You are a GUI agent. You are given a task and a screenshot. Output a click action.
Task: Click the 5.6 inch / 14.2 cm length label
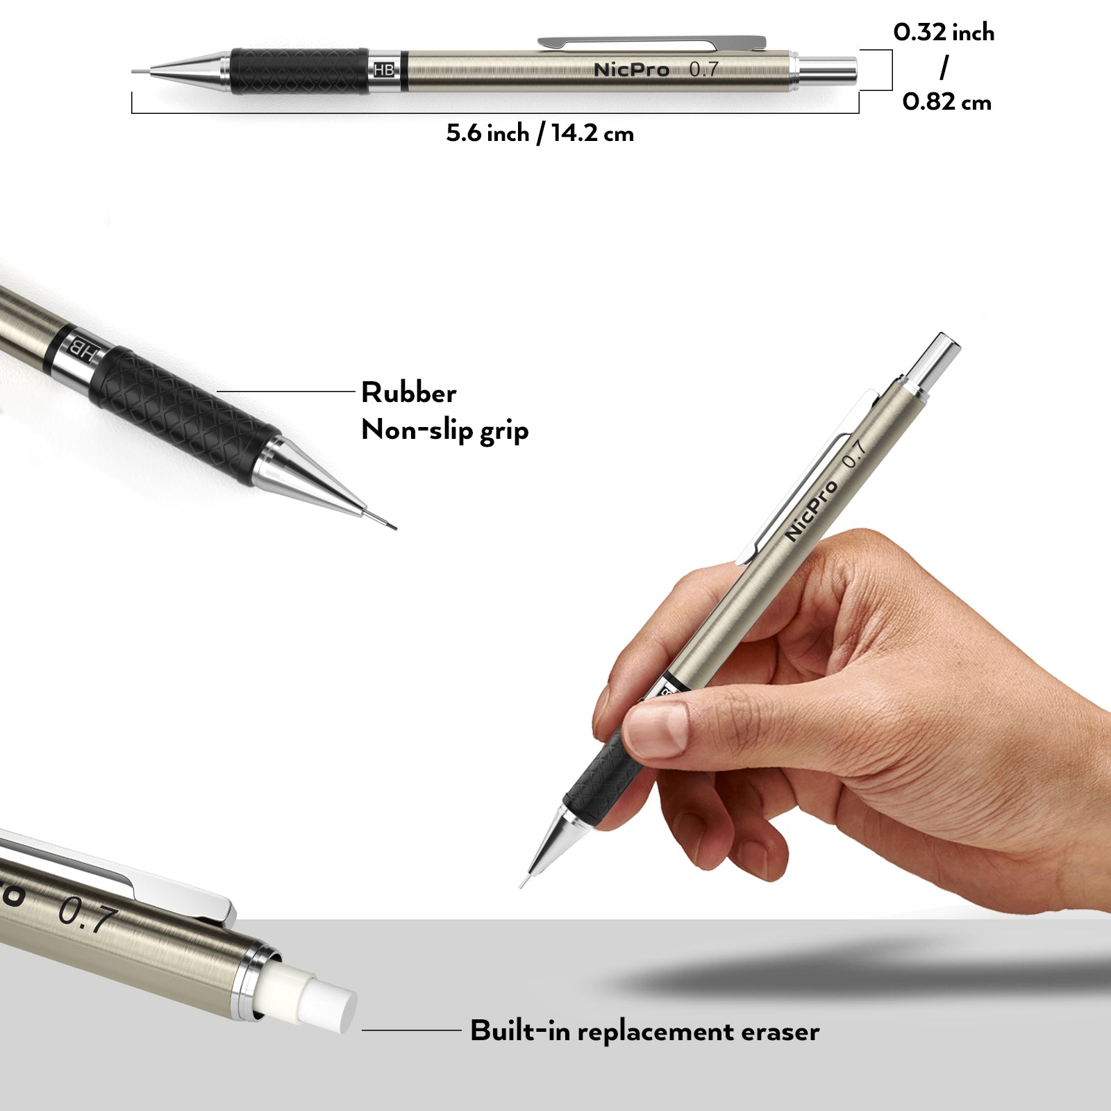tap(540, 133)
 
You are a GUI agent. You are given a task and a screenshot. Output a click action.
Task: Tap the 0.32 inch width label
tap(944, 33)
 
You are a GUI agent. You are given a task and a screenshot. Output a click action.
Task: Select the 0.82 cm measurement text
tap(946, 102)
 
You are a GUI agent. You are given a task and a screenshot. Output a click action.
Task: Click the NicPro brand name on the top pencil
tap(631, 70)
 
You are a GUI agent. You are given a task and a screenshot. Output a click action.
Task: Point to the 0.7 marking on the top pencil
tap(703, 69)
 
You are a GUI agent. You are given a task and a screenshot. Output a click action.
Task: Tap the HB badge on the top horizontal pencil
tap(384, 70)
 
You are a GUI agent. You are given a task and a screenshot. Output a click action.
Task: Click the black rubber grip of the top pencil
tap(299, 71)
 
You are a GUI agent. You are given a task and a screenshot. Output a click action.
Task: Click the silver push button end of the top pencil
tap(828, 70)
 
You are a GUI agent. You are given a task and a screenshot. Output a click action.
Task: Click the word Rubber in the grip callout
tap(408, 393)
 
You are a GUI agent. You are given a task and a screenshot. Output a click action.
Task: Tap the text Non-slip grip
tap(444, 431)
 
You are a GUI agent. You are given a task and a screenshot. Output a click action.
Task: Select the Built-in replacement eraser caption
tap(644, 1031)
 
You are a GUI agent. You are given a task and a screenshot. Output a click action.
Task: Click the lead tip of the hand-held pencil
tap(523, 884)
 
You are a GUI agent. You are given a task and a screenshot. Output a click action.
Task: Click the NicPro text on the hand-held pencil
tap(811, 510)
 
